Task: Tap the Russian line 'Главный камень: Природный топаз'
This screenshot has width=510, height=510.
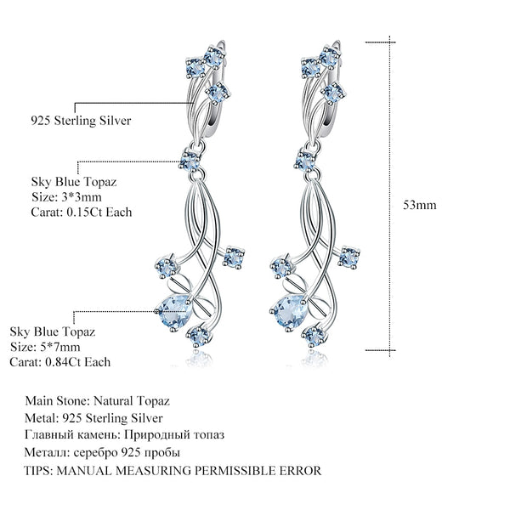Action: click(125, 435)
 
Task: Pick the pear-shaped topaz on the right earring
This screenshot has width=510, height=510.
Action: click(290, 307)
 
